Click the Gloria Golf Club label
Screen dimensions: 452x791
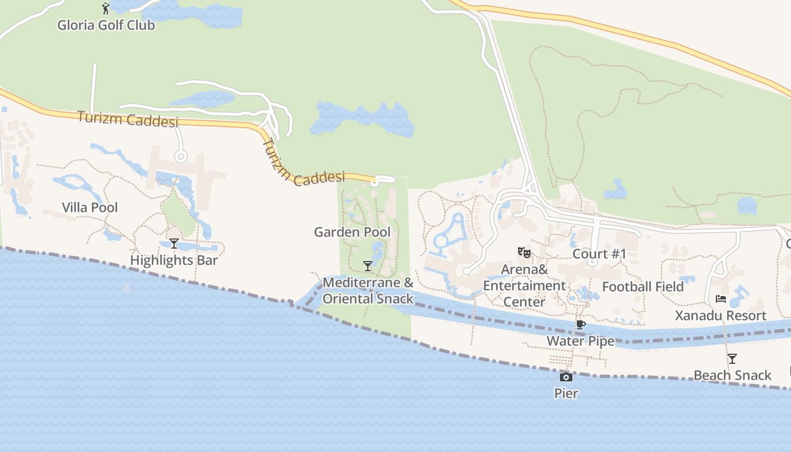pyautogui.click(x=106, y=25)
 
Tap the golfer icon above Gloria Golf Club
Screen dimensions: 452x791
pyautogui.click(x=106, y=8)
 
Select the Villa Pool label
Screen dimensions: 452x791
pyautogui.click(x=90, y=207)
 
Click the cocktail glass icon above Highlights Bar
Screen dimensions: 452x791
pyautogui.click(x=174, y=244)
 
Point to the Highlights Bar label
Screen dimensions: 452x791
pyautogui.click(x=174, y=260)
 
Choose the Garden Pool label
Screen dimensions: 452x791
pyautogui.click(x=352, y=232)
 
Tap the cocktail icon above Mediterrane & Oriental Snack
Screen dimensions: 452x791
pyautogui.click(x=368, y=266)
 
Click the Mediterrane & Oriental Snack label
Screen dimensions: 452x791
pyautogui.click(x=368, y=290)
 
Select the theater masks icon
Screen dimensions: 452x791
pyautogui.click(x=524, y=253)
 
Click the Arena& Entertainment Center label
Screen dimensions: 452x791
pyautogui.click(x=524, y=286)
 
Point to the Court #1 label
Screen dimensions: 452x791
pyautogui.click(x=599, y=254)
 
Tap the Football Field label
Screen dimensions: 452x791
pyautogui.click(x=643, y=287)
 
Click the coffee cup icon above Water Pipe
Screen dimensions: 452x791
pyautogui.click(x=580, y=324)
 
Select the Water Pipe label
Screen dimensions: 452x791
pyautogui.click(x=580, y=341)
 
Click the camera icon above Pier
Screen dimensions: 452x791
pyautogui.click(x=566, y=377)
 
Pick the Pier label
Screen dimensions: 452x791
pyautogui.click(x=566, y=393)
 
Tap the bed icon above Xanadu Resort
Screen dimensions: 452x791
pyautogui.click(x=721, y=299)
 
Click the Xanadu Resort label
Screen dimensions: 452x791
pyautogui.click(x=721, y=315)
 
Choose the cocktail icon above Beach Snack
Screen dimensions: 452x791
pyautogui.click(x=732, y=358)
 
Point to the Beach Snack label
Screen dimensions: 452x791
pyautogui.click(x=732, y=375)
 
